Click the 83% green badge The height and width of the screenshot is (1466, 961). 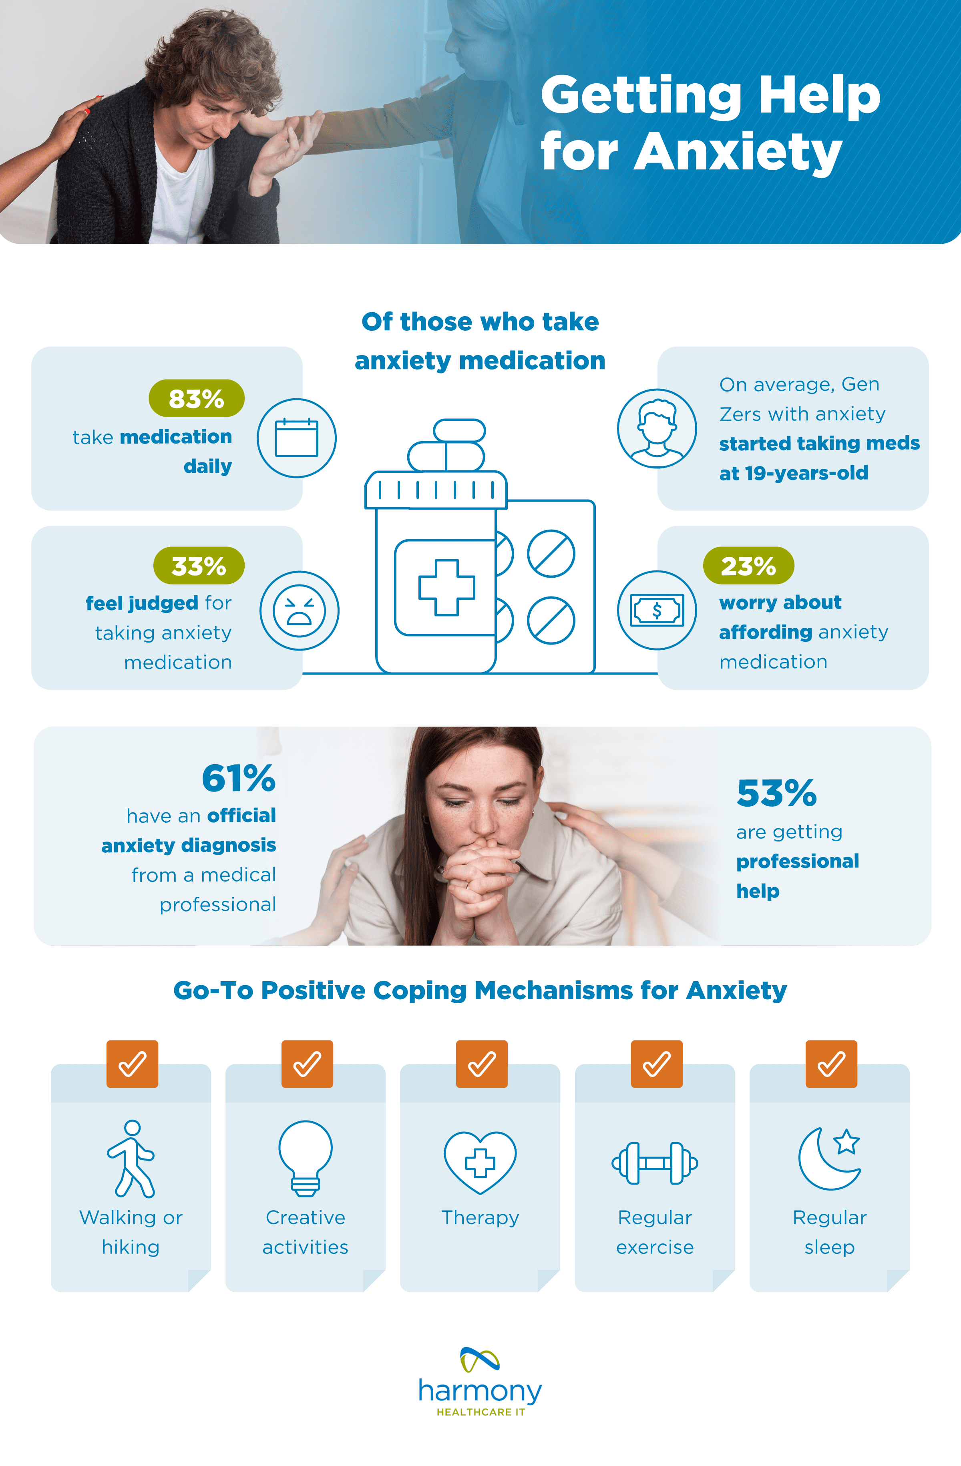tap(197, 399)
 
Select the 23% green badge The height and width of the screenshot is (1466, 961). tap(748, 565)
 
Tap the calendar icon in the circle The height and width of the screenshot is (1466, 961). tap(296, 438)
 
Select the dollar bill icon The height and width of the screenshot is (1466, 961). tap(657, 610)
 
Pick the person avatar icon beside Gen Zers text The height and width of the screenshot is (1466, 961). tap(657, 429)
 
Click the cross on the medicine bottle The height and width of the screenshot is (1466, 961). tap(446, 588)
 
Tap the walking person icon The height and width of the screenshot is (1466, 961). tap(131, 1158)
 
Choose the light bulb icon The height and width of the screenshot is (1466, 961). tap(306, 1158)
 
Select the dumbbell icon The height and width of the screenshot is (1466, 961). tap(655, 1163)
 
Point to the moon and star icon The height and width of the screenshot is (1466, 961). tap(829, 1158)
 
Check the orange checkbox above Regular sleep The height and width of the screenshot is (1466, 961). tap(831, 1064)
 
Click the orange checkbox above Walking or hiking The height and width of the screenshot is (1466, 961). tap(133, 1064)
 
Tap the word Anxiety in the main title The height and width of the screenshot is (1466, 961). tap(738, 152)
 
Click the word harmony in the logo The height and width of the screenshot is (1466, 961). tap(480, 1391)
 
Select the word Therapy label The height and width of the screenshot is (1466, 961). tap(480, 1217)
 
